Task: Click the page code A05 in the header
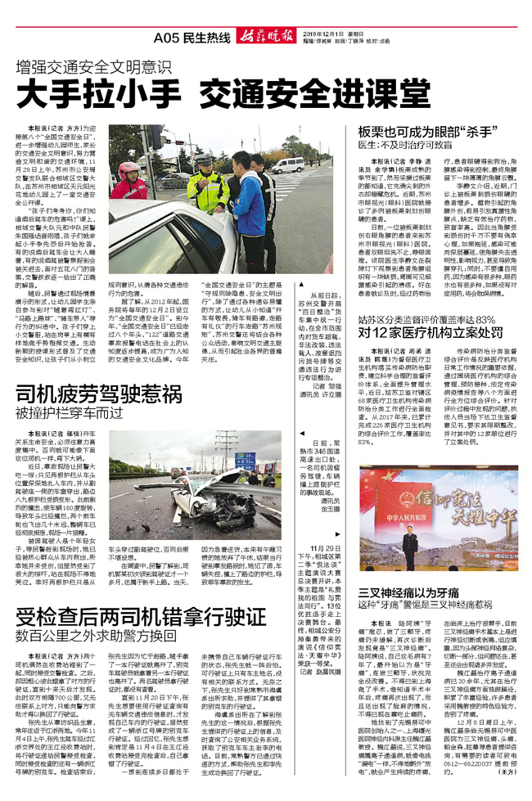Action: [x=166, y=38]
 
